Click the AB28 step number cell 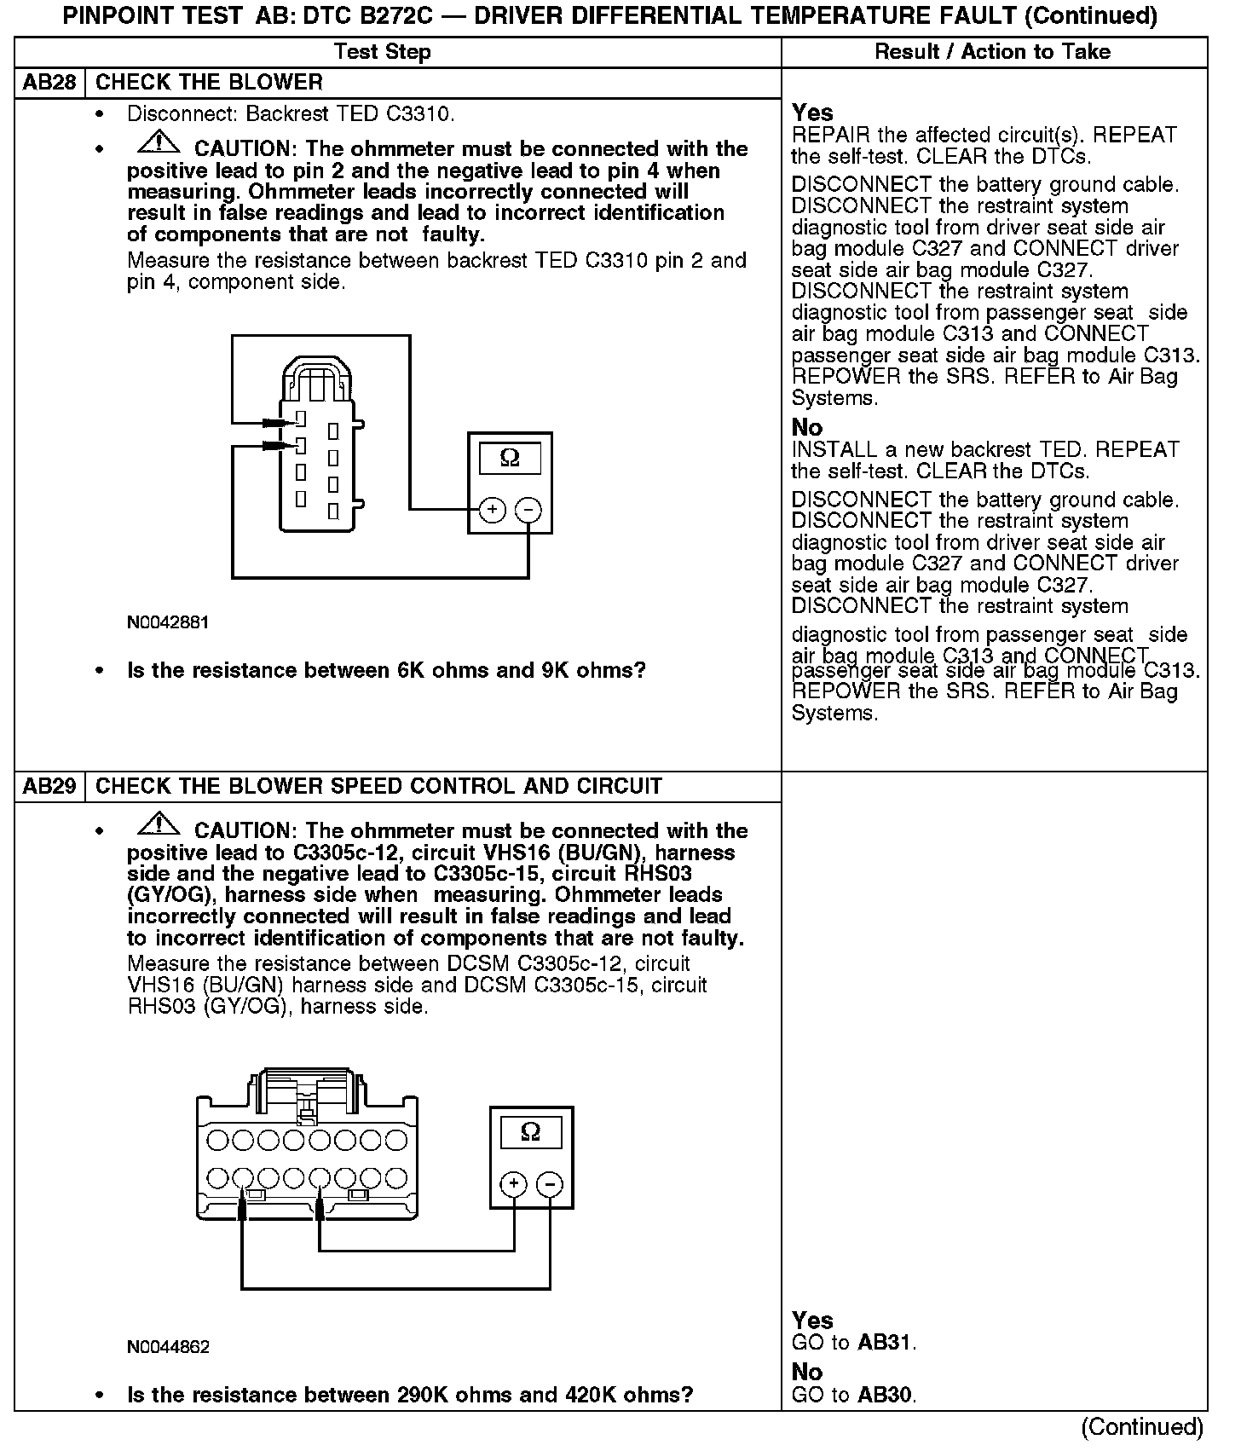(49, 83)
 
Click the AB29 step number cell (49, 786)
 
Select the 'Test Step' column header (383, 52)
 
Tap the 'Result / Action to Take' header (992, 52)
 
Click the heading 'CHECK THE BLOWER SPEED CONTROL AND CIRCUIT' (378, 786)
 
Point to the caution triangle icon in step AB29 (158, 825)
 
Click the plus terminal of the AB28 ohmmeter (493, 510)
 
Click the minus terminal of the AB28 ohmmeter (528, 510)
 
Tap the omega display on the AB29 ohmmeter (530, 1132)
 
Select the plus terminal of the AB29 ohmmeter (513, 1184)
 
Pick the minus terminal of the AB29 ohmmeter (551, 1184)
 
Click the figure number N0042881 (168, 622)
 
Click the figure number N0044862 (168, 1347)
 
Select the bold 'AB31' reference (885, 1343)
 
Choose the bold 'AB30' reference (885, 1396)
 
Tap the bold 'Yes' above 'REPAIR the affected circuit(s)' (812, 113)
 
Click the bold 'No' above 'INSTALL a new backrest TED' (806, 427)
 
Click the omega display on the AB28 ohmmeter (510, 459)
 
